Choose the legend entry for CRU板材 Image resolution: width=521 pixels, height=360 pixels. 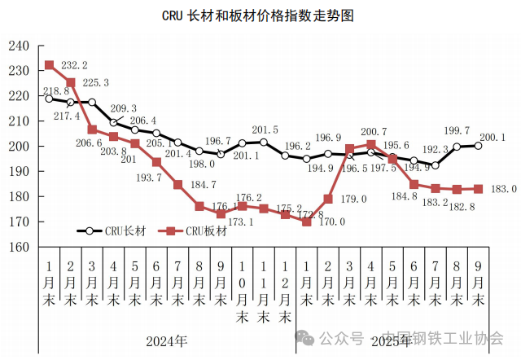(x=195, y=230)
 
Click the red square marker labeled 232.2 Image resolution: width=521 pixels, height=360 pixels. (x=49, y=65)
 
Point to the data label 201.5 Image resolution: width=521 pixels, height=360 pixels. (x=265, y=130)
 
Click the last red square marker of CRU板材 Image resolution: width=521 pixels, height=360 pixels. (x=478, y=189)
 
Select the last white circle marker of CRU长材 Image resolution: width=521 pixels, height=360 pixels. (x=478, y=146)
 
